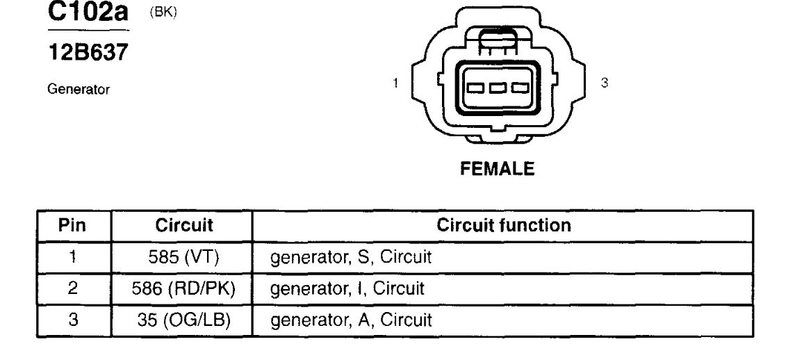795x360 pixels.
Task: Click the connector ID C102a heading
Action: (89, 13)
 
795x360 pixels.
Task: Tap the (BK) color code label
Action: (163, 14)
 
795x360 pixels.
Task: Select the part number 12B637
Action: (88, 52)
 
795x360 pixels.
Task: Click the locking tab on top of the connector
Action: (496, 38)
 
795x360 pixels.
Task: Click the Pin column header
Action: (72, 226)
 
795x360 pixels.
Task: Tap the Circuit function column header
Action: (504, 226)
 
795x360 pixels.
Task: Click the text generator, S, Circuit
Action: (352, 257)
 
